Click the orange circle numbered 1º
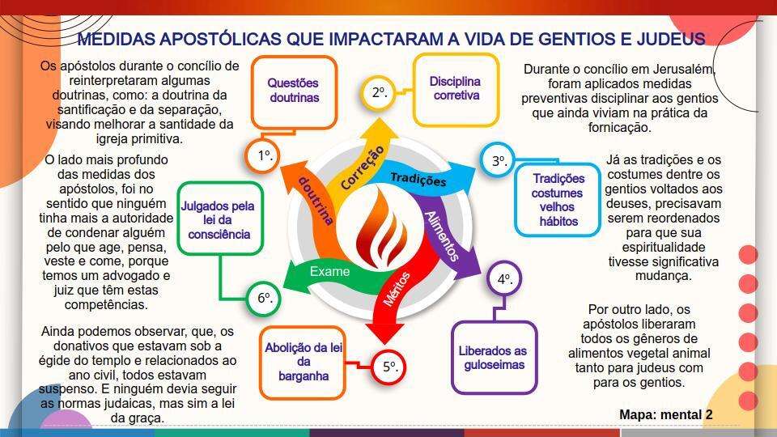click(x=262, y=156)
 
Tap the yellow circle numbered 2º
click(x=379, y=92)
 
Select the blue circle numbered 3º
click(x=498, y=160)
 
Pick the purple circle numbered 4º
click(x=504, y=279)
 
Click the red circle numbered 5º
click(x=389, y=367)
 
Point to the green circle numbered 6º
click(x=263, y=298)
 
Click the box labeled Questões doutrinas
click(x=295, y=92)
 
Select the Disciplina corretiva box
click(x=456, y=90)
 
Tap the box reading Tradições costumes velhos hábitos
click(x=558, y=200)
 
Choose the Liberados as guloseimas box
click(x=495, y=358)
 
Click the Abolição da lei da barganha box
click(x=303, y=363)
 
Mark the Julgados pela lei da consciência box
click(x=219, y=219)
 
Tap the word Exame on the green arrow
click(x=329, y=272)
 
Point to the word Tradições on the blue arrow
click(x=418, y=179)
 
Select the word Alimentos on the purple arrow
click(x=442, y=235)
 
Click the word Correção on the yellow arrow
click(x=363, y=168)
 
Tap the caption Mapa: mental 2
click(x=666, y=414)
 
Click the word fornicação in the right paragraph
click(x=619, y=128)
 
